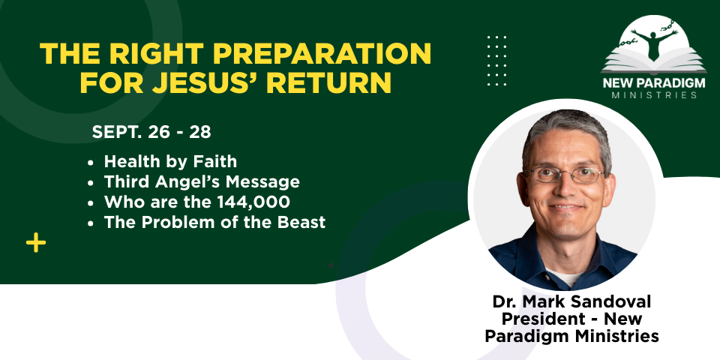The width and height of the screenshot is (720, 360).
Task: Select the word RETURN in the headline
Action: tap(332, 82)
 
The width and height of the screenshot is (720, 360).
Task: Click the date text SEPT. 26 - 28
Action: tap(151, 132)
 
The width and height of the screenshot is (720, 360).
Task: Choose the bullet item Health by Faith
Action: tap(170, 162)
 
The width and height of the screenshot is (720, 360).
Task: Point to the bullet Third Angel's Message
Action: tap(202, 181)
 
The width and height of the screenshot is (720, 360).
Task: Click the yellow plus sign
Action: tap(36, 242)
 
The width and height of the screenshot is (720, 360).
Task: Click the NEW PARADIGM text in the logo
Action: tap(654, 84)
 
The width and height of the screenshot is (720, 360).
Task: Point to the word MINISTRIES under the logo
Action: tap(654, 95)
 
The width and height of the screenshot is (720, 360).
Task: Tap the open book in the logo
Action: tap(654, 62)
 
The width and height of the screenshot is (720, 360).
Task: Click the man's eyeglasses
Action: tap(563, 175)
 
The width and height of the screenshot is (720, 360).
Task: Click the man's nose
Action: tap(565, 188)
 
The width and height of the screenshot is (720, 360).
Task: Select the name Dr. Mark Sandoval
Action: tap(571, 302)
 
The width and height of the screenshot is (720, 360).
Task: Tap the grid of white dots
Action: tap(496, 60)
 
